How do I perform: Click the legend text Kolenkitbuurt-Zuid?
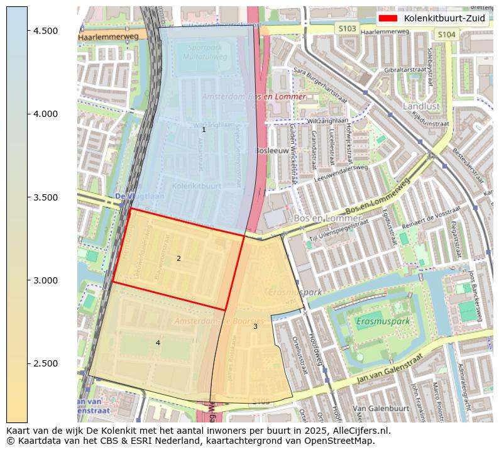[x=444, y=18]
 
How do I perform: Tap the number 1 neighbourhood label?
[x=204, y=130]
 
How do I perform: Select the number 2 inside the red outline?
[x=178, y=258]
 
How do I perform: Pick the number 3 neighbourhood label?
[x=255, y=326]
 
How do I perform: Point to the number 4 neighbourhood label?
[x=158, y=343]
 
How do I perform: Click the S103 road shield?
[x=347, y=29]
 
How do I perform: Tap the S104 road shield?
[x=446, y=35]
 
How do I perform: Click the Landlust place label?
[x=421, y=106]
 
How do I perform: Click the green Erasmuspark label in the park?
[x=383, y=321]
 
